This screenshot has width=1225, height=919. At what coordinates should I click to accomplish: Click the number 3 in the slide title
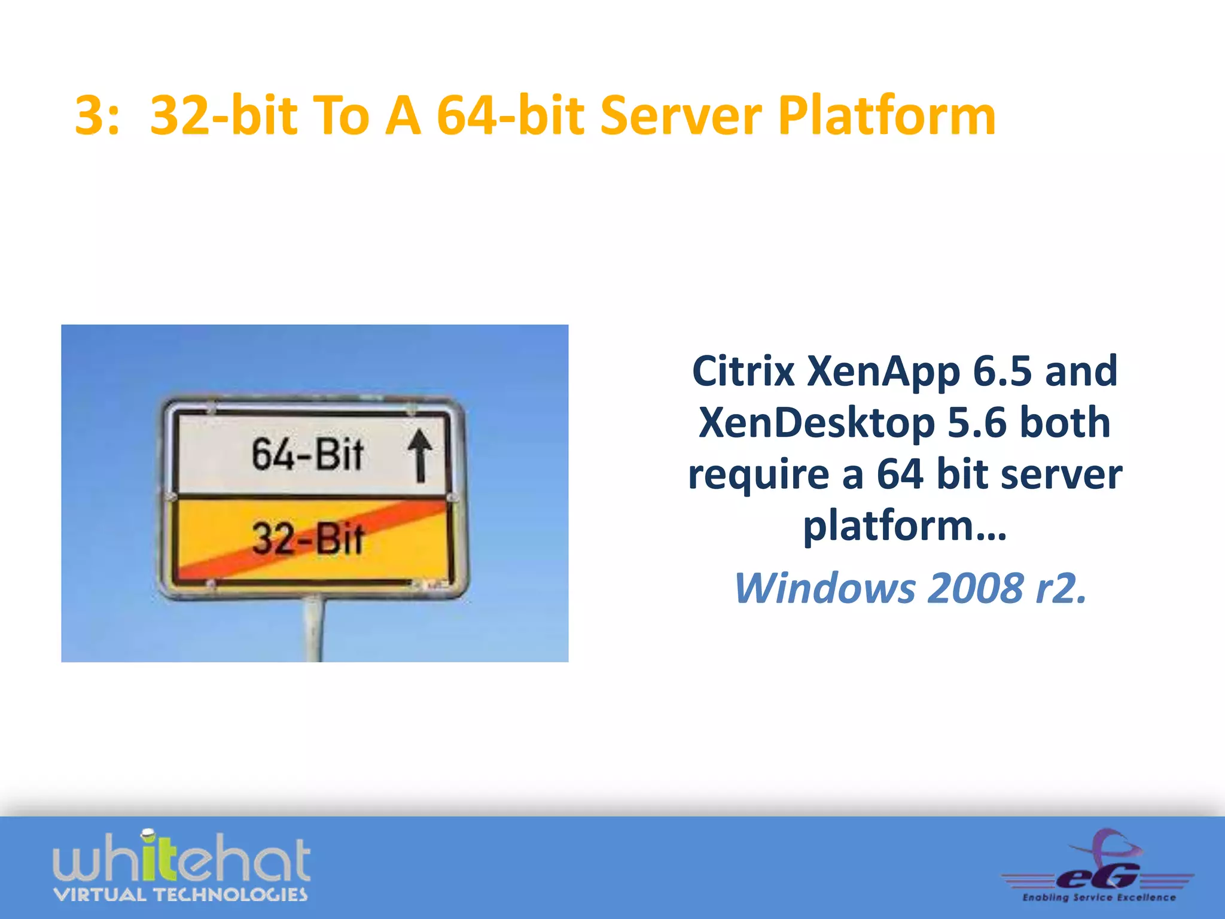[x=90, y=116]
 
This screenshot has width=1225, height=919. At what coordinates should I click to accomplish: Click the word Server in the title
[x=681, y=116]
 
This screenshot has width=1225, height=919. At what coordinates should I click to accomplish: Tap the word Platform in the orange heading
[x=886, y=116]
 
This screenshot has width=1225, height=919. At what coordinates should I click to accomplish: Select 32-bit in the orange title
[x=223, y=116]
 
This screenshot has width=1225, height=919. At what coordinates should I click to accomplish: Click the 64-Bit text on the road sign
[x=307, y=454]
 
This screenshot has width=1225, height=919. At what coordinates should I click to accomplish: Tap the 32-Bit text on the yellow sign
[x=307, y=539]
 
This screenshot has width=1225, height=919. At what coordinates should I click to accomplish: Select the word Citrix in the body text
[x=743, y=372]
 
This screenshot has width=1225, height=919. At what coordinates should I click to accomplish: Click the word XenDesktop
[x=816, y=423]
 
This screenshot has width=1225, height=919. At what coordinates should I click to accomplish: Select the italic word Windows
[x=824, y=588]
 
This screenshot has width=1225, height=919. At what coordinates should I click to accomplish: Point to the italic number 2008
[x=975, y=588]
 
